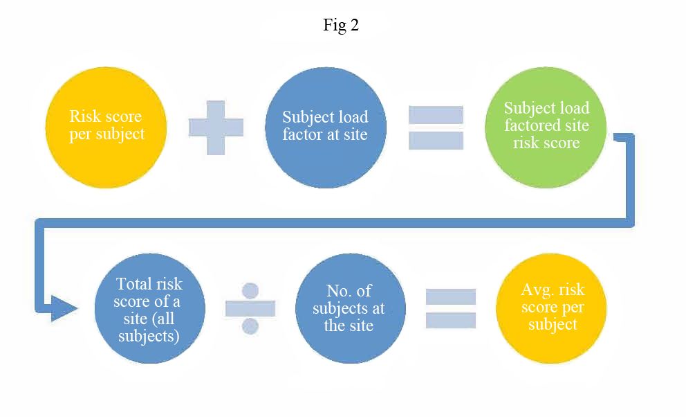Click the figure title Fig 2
pos(341,26)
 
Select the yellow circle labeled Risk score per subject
pos(107,125)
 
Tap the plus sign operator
pos(216,127)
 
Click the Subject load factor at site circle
pos(326,125)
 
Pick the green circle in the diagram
pos(546,125)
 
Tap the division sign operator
pos(250,308)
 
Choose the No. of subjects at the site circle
pos(349,308)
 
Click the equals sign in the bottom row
pos(450,308)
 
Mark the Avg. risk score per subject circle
pos(552,307)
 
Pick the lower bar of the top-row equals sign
pos(436,139)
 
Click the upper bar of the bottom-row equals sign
pos(450,296)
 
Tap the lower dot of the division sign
pos(250,326)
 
